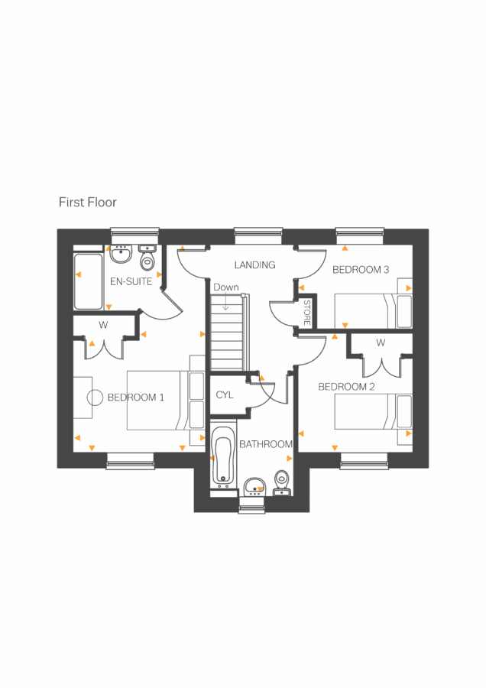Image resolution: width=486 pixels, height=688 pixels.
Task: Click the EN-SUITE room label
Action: (131, 281)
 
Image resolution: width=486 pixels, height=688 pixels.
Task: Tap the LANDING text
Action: (254, 265)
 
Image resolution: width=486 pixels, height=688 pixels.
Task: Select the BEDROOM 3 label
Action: (361, 270)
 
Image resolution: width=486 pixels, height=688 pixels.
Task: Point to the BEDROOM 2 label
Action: (346, 387)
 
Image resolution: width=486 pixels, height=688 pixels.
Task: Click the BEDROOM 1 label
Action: (135, 398)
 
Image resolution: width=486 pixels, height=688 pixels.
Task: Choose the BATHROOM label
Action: (266, 444)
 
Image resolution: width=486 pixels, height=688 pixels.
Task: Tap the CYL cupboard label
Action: (224, 395)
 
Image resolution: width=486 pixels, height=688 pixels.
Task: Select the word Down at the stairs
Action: (226, 287)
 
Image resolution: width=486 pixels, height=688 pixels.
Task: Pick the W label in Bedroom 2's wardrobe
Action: (380, 342)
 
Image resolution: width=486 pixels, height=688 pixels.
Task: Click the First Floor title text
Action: (87, 203)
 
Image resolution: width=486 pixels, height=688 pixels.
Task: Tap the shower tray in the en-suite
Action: (88, 281)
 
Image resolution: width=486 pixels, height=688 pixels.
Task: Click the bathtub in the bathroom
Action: (224, 457)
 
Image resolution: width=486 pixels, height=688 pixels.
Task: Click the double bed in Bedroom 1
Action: (157, 399)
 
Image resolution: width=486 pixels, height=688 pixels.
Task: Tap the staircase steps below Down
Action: (226, 336)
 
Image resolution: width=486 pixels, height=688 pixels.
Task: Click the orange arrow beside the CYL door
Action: (261, 378)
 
